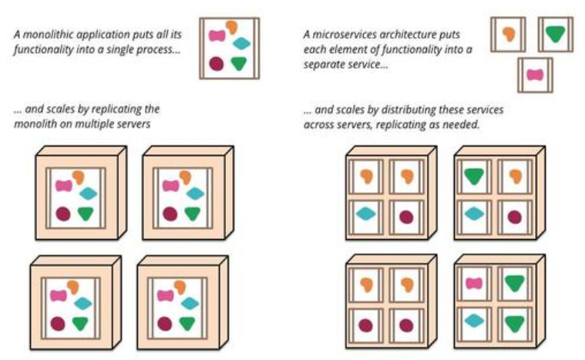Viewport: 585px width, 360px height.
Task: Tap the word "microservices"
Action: click(x=343, y=35)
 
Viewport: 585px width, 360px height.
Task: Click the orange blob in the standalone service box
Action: click(x=509, y=34)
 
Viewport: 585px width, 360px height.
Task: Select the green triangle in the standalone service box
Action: click(x=555, y=34)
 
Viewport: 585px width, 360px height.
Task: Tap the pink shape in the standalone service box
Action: click(x=535, y=75)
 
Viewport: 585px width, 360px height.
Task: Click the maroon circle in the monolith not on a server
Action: click(x=217, y=63)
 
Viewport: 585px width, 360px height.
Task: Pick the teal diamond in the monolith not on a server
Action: click(x=242, y=44)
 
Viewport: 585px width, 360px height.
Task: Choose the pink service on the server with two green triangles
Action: click(x=474, y=284)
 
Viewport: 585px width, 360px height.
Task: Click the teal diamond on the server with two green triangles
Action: click(x=474, y=321)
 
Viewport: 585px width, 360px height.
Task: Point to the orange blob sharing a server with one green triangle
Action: click(x=515, y=176)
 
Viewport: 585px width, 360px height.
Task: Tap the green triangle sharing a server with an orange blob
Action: click(x=474, y=176)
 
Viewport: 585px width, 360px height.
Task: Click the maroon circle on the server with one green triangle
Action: click(x=515, y=217)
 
